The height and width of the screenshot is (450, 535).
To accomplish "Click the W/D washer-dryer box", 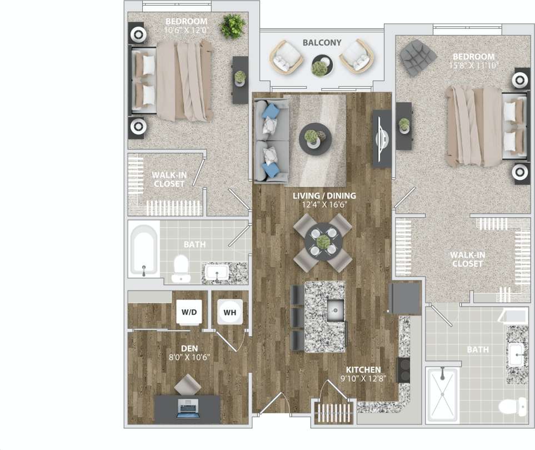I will click(x=189, y=312).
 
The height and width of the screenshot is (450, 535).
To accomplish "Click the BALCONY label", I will click(x=322, y=43).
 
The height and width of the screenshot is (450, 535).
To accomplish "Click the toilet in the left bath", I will click(x=181, y=268).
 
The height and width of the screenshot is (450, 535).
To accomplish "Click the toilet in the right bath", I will click(x=512, y=407).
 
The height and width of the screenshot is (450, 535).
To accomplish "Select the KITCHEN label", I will click(x=363, y=370).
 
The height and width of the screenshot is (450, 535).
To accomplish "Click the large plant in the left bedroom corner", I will click(x=232, y=26).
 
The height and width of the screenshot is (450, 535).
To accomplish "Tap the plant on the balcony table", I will click(x=319, y=68).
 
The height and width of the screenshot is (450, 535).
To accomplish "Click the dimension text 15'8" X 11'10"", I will click(x=473, y=65).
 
